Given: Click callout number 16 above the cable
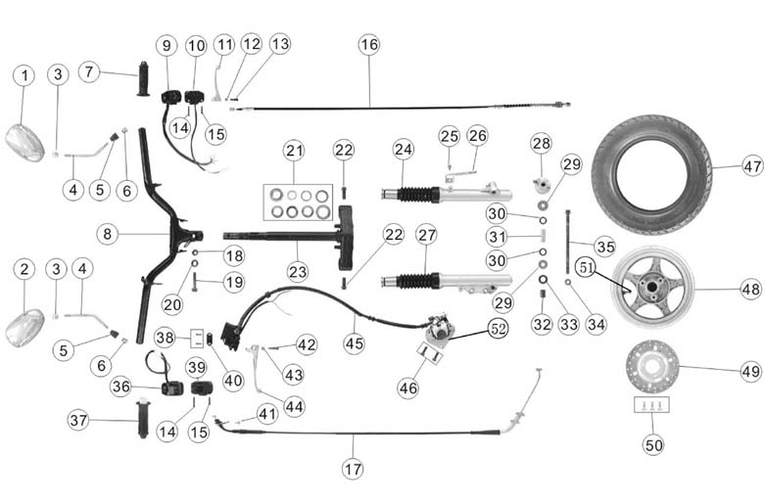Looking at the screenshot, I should pyautogui.click(x=368, y=45).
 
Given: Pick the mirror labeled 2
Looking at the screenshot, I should pyautogui.click(x=24, y=326).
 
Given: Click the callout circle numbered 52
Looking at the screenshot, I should pyautogui.click(x=497, y=329).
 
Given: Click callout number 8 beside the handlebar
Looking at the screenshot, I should pyautogui.click(x=109, y=234).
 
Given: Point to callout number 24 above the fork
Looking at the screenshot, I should pyautogui.click(x=404, y=150).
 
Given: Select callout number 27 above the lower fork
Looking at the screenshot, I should pyautogui.click(x=426, y=235).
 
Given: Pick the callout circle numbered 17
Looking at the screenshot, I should pyautogui.click(x=353, y=468).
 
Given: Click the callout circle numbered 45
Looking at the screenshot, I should pyautogui.click(x=354, y=342).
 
